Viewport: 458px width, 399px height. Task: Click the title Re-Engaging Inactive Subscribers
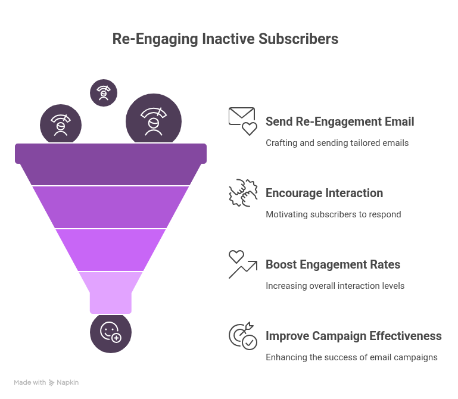(x=225, y=39)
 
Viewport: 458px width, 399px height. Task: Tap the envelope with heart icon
(x=242, y=121)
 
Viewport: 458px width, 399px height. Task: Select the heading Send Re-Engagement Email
(x=339, y=121)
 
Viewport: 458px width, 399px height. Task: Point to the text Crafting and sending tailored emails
(x=337, y=143)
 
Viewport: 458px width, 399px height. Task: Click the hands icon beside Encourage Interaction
(x=243, y=192)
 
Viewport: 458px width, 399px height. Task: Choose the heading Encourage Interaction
(x=324, y=193)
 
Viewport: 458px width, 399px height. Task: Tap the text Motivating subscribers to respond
(x=333, y=214)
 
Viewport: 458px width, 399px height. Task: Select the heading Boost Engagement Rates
(x=332, y=264)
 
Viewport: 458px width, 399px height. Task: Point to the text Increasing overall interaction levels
(x=335, y=286)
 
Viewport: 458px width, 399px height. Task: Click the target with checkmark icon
(x=243, y=335)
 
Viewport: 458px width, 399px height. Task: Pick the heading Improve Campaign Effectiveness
(x=353, y=336)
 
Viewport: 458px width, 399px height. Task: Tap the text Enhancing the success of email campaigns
(x=351, y=357)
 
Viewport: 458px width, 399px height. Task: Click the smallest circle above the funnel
(x=104, y=92)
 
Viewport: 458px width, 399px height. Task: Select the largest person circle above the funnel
(x=154, y=123)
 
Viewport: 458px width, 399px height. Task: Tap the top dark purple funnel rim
(x=111, y=153)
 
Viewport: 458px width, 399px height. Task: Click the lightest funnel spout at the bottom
(x=111, y=292)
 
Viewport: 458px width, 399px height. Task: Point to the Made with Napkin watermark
(x=46, y=382)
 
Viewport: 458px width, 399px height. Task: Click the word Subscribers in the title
(x=298, y=39)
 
